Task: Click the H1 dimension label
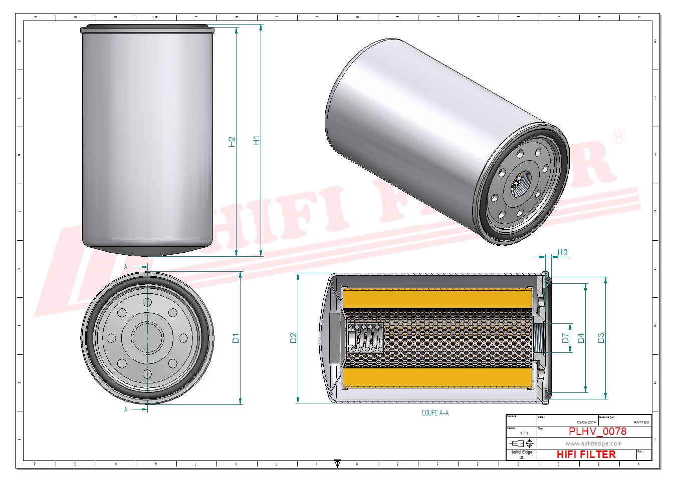[x=256, y=141]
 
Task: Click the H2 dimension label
[x=232, y=142]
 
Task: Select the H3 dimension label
[x=562, y=253]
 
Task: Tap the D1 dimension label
[x=236, y=338]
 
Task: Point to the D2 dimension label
[x=293, y=338]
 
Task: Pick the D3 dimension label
[x=601, y=338]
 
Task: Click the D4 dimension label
[x=581, y=338]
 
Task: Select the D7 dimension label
[x=565, y=338]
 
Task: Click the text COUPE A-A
[x=435, y=413]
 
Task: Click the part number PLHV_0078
[x=597, y=431]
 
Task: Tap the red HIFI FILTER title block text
[x=586, y=454]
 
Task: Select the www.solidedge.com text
[x=593, y=443]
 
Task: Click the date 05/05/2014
[x=586, y=422]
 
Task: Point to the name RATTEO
[x=641, y=422]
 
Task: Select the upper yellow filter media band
[x=437, y=299]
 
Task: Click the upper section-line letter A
[x=126, y=267]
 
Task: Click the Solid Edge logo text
[x=522, y=452]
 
